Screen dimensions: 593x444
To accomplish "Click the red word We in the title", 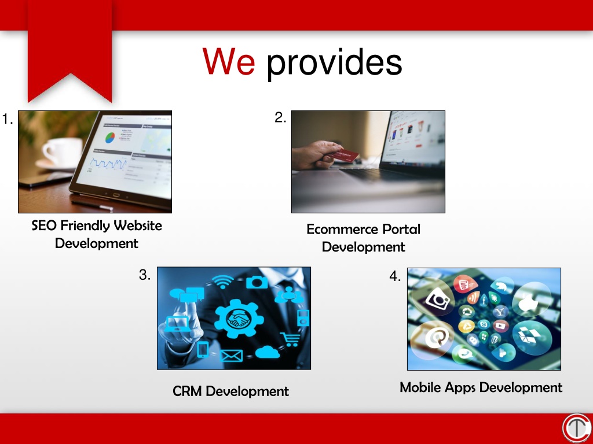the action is [x=229, y=61].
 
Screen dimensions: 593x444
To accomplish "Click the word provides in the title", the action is [x=334, y=63].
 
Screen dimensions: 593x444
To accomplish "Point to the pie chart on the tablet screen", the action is [x=110, y=138].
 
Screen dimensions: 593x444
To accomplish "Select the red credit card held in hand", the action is [x=343, y=155].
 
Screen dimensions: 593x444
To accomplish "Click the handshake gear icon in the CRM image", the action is [x=239, y=319].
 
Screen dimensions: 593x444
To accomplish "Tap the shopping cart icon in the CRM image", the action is [x=290, y=339].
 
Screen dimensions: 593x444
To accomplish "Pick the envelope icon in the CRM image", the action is [x=231, y=356].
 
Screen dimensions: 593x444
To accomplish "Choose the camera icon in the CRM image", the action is [x=257, y=282].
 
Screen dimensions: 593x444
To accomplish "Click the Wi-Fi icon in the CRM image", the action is [x=223, y=282].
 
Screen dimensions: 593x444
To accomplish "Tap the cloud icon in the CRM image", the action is [x=267, y=352].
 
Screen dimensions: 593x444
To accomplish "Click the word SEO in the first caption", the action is [x=44, y=226].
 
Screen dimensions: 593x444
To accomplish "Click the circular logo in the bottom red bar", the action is [x=577, y=428].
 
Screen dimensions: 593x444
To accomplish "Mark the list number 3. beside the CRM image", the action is [x=145, y=275].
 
